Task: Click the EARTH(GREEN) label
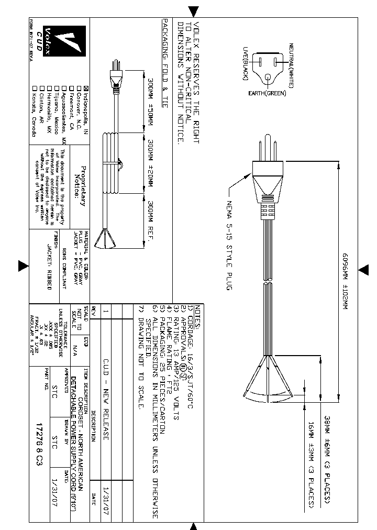[267, 94]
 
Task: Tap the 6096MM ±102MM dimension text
[345, 282]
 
